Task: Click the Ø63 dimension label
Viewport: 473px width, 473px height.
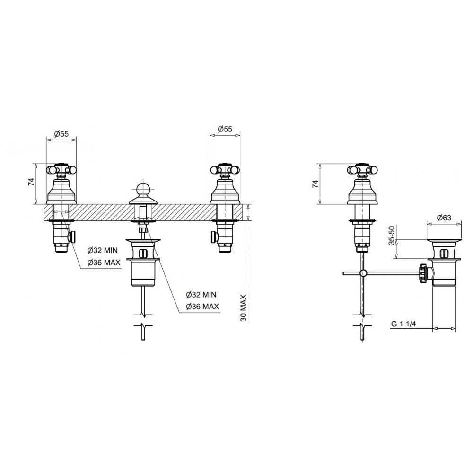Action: coord(444,217)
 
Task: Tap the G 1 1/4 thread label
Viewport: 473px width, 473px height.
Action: coord(403,324)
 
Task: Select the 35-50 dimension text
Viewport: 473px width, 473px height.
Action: coord(391,235)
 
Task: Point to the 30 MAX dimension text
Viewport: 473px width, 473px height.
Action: coord(244,308)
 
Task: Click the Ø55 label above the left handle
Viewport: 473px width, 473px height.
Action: coord(61,134)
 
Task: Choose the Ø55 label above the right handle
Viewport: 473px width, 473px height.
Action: coord(225,129)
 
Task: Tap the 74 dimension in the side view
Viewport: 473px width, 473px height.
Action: coord(315,184)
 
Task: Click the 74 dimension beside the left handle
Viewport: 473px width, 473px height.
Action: coord(32,182)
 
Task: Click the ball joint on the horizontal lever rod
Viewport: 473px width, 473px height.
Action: coord(364,273)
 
